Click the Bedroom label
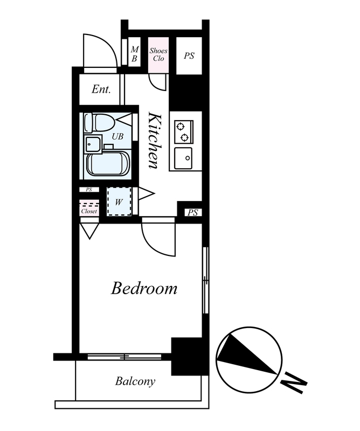click(x=144, y=288)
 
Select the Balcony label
click(x=135, y=381)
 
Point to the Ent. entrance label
click(x=101, y=89)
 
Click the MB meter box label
click(x=135, y=54)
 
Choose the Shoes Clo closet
click(x=158, y=55)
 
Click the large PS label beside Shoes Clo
click(x=189, y=56)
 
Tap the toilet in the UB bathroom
click(x=99, y=122)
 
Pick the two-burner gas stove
click(x=184, y=131)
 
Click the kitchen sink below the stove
click(x=183, y=158)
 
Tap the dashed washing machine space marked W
click(x=119, y=201)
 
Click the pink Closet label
click(x=89, y=211)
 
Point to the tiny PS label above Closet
click(x=89, y=190)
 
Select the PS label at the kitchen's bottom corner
click(x=193, y=212)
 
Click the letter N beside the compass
click(x=294, y=383)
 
